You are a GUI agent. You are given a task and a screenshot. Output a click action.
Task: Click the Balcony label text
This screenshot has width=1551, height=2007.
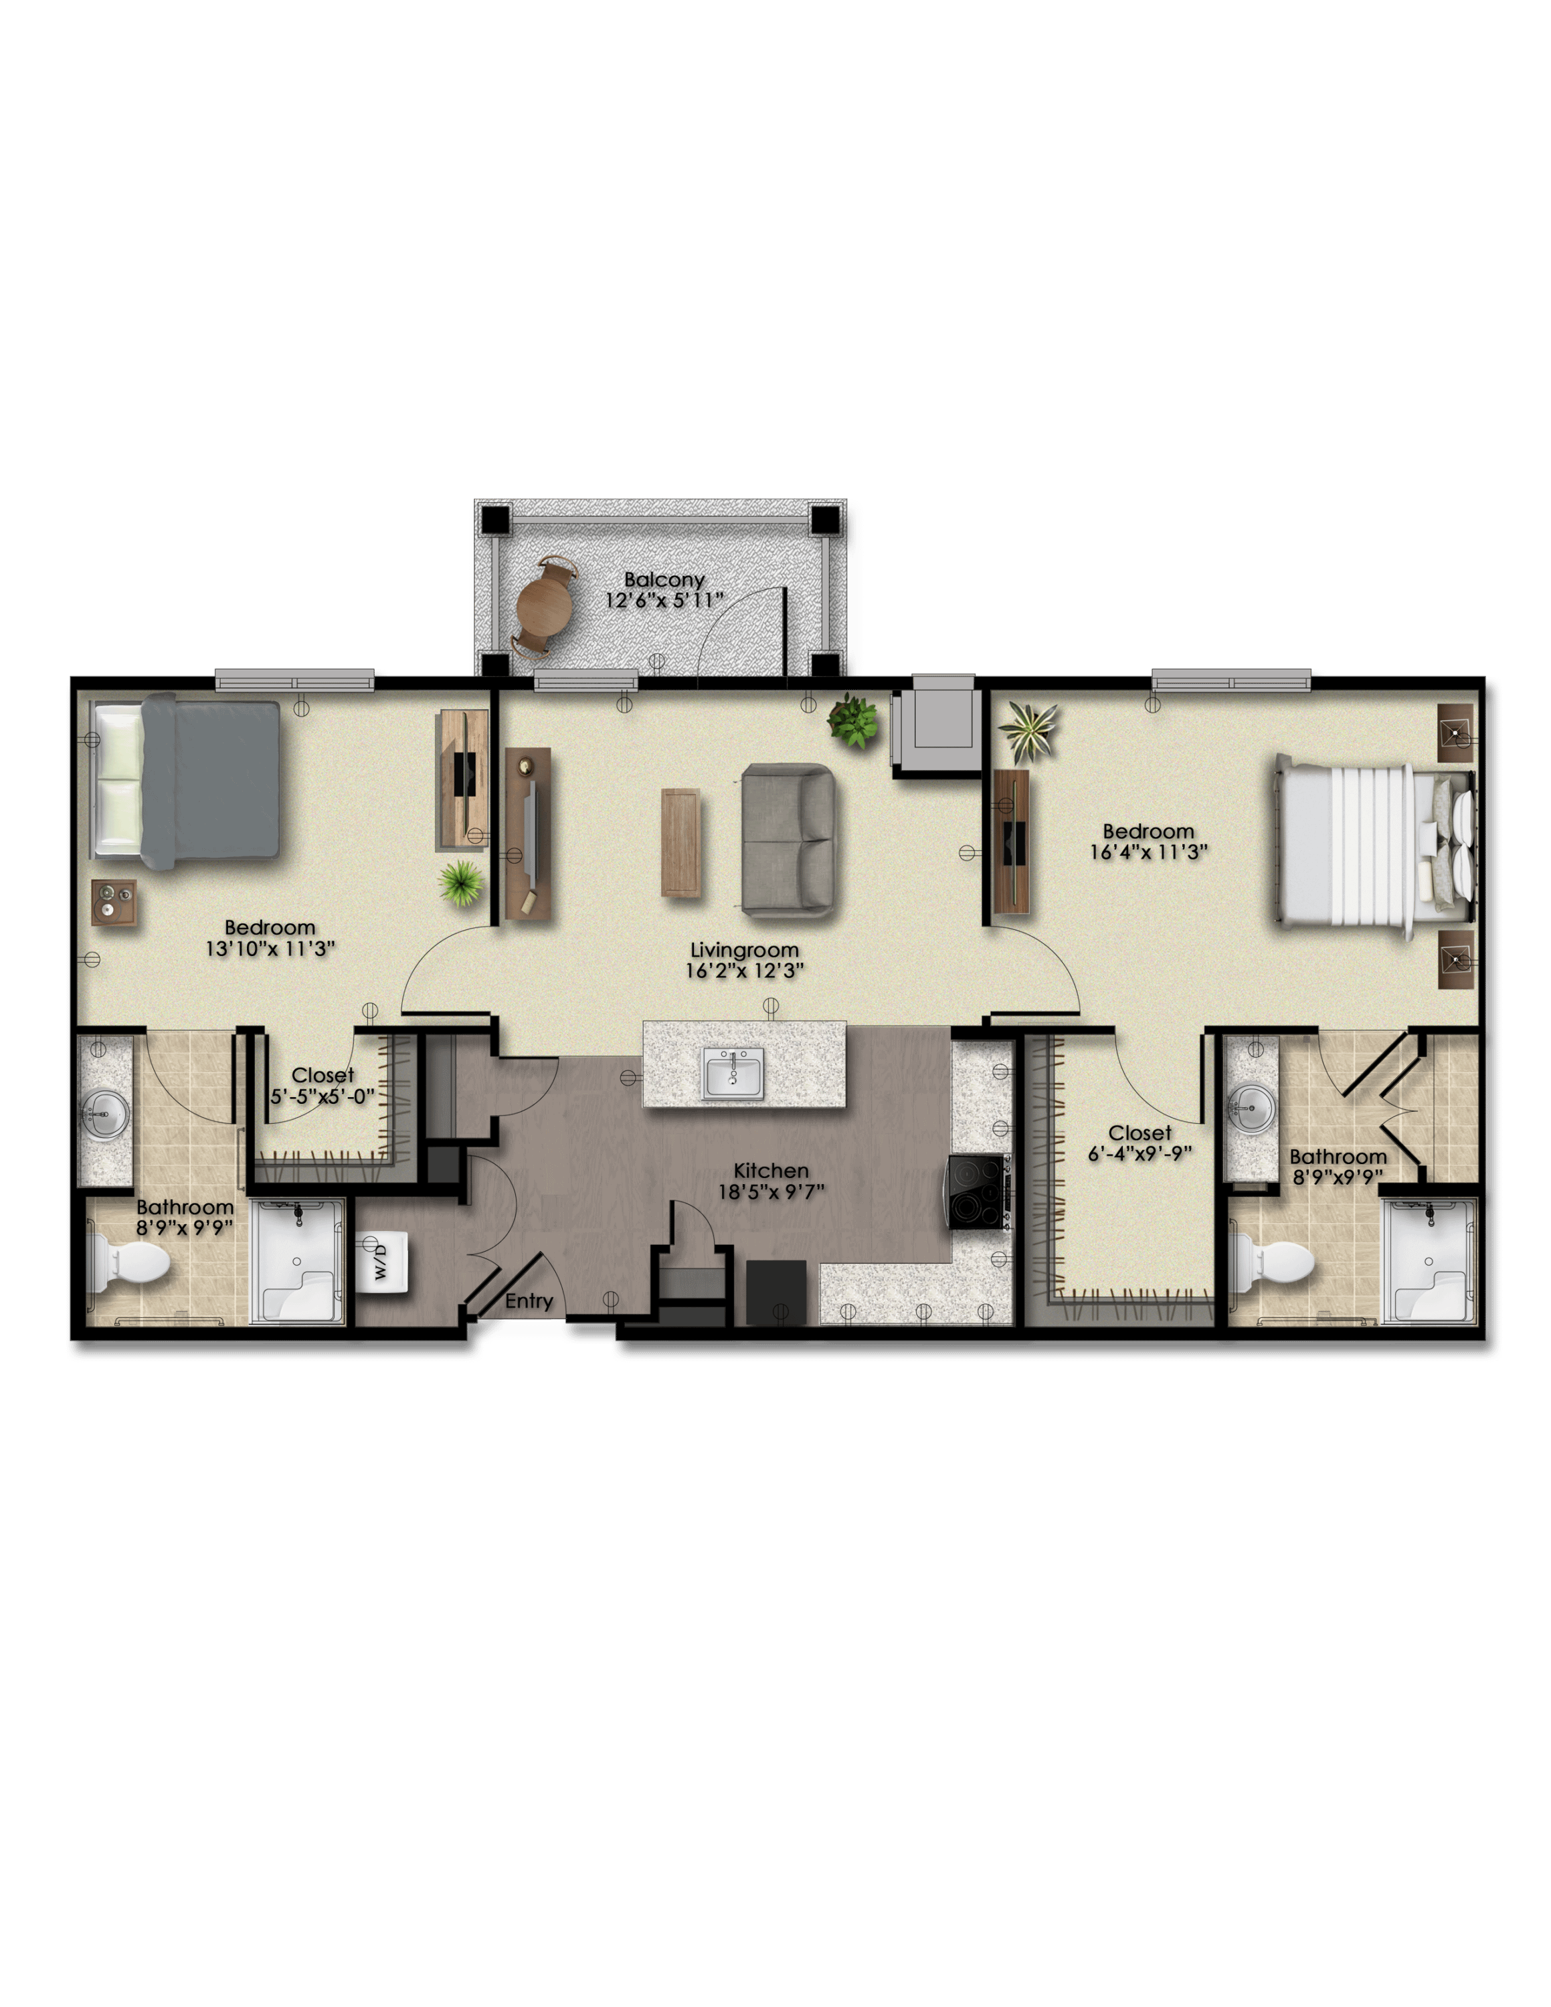[x=664, y=580]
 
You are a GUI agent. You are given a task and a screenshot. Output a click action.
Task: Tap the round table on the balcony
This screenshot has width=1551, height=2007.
[x=545, y=605]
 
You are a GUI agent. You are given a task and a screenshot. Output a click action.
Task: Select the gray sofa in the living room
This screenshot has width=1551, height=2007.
[x=788, y=840]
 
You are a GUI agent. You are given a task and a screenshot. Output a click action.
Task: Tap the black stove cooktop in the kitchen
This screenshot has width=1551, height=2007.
[x=978, y=1192]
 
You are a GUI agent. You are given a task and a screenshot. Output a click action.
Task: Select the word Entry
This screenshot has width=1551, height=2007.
[x=529, y=1301]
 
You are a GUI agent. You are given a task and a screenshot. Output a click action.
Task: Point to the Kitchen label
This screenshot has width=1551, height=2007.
[x=771, y=1171]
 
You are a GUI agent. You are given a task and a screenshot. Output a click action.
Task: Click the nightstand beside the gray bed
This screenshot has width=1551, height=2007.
[x=114, y=902]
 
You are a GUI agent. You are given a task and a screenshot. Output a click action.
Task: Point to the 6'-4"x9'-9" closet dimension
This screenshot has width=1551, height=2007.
[x=1140, y=1154]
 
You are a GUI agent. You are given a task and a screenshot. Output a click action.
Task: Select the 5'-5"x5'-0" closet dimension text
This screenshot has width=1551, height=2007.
[x=323, y=1096]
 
